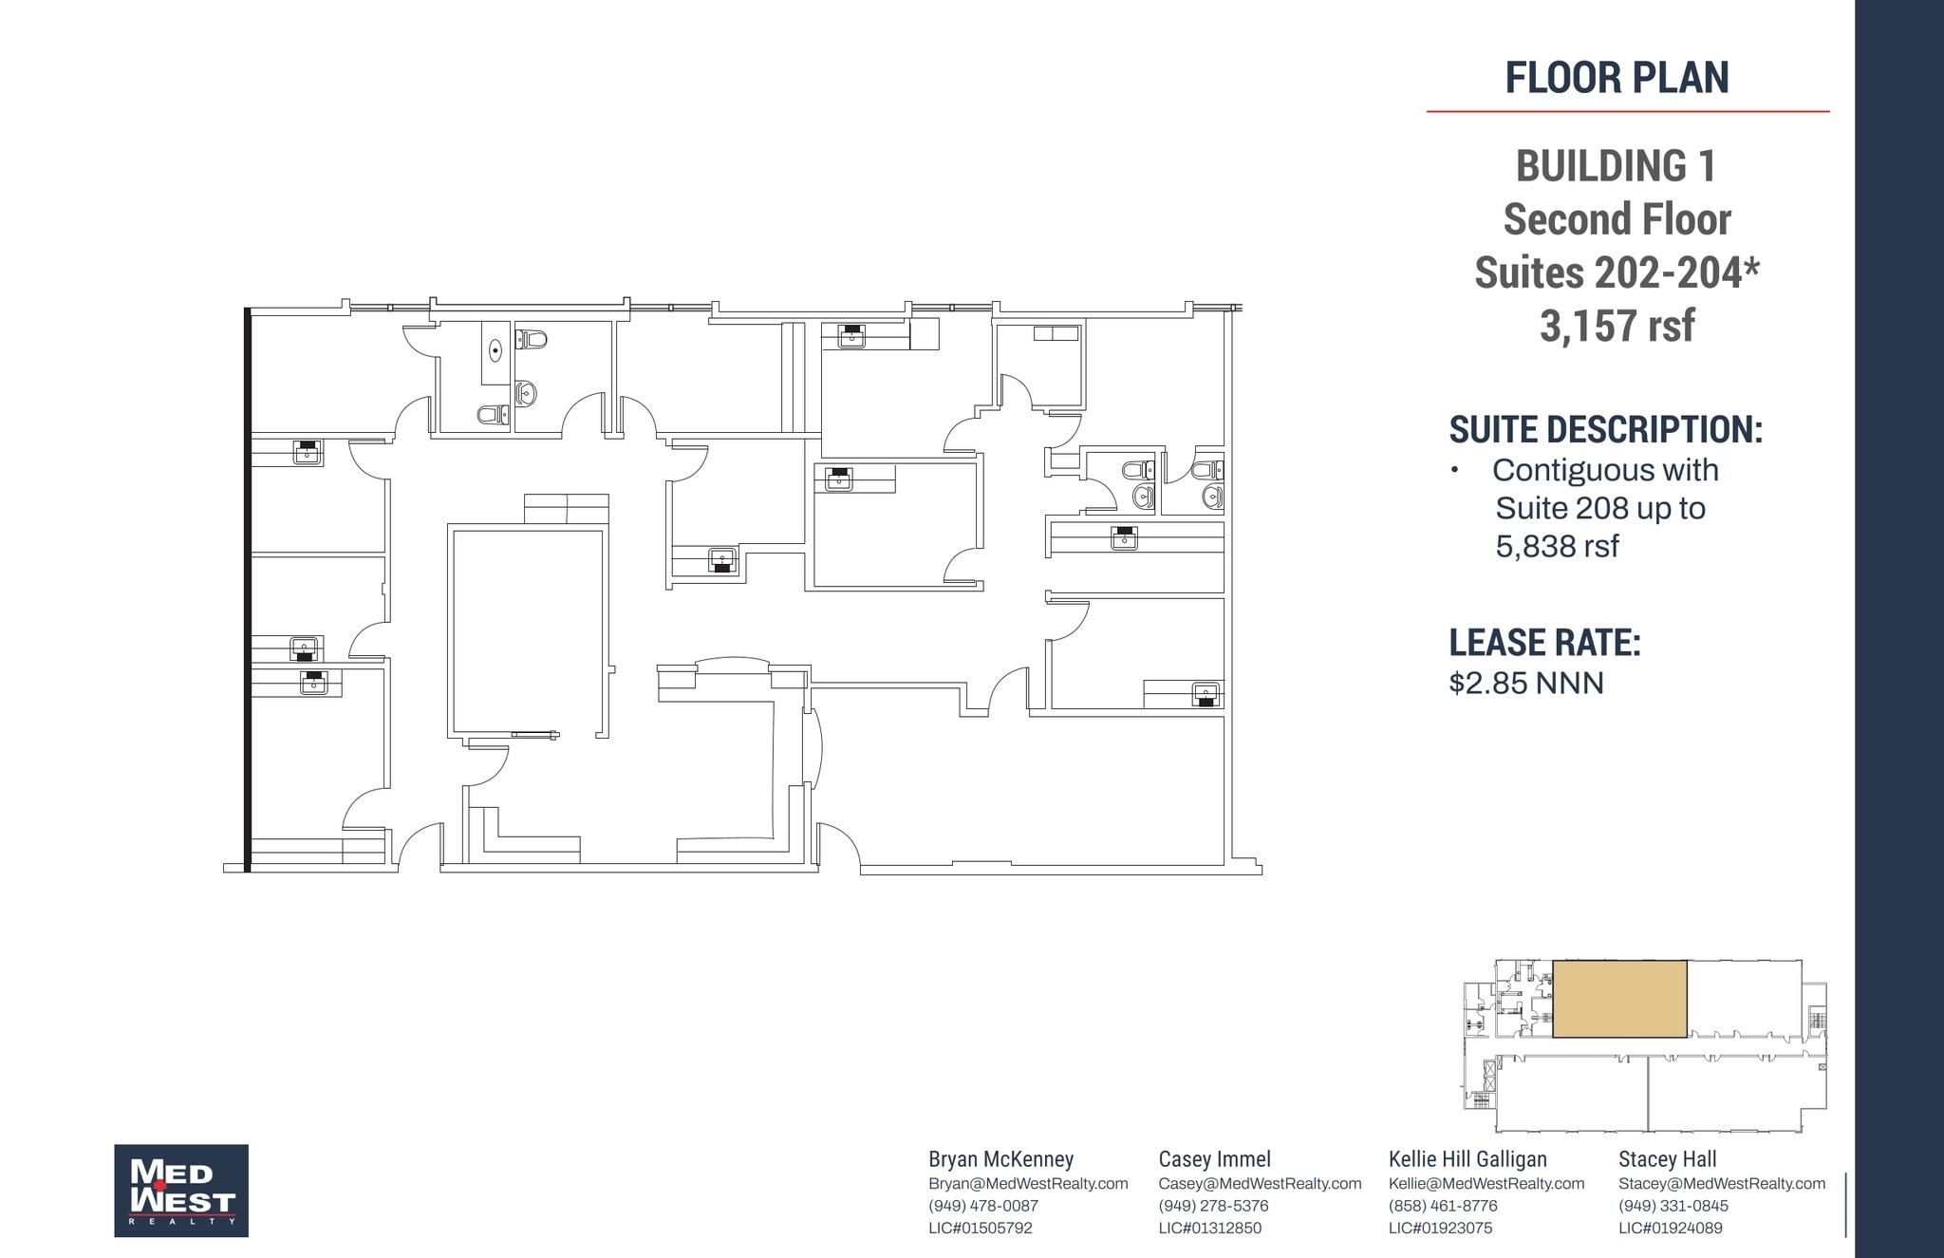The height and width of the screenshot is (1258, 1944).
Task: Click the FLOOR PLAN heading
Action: pyautogui.click(x=1617, y=78)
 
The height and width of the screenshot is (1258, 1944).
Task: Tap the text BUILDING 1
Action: pyautogui.click(x=1616, y=166)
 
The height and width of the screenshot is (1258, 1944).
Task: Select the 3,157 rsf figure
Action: pyautogui.click(x=1617, y=326)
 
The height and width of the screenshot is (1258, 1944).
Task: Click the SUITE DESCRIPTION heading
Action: pyautogui.click(x=1605, y=430)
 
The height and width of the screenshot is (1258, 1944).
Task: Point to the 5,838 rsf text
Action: pyautogui.click(x=1557, y=546)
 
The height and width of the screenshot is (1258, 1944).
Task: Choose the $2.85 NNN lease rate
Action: pyautogui.click(x=1525, y=684)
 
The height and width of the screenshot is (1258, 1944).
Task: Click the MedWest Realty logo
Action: pyautogui.click(x=181, y=1190)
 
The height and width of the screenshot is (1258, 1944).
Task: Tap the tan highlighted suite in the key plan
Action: pyautogui.click(x=1619, y=999)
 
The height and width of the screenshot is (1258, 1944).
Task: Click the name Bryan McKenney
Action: pyautogui.click(x=1000, y=1159)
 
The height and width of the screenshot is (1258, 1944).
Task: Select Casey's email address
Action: pyautogui.click(x=1260, y=1184)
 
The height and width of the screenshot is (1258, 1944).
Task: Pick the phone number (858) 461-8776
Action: pyautogui.click(x=1442, y=1206)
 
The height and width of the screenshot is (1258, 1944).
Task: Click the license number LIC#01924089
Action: pyautogui.click(x=1670, y=1228)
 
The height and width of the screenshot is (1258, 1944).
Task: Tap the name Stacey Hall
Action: pyautogui.click(x=1667, y=1159)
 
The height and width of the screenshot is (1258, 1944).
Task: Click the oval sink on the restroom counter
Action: pyautogui.click(x=495, y=351)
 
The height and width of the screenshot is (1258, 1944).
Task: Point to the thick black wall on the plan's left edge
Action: pyautogui.click(x=248, y=589)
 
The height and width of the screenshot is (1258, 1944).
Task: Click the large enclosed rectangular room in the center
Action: pyautogui.click(x=528, y=631)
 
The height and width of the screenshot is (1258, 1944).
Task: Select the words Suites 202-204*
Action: pyautogui.click(x=1617, y=273)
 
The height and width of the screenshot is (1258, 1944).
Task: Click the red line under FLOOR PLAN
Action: pyautogui.click(x=1627, y=112)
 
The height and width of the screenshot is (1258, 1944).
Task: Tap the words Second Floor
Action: pyautogui.click(x=1617, y=219)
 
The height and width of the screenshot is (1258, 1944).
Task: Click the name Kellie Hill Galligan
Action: pyautogui.click(x=1467, y=1159)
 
